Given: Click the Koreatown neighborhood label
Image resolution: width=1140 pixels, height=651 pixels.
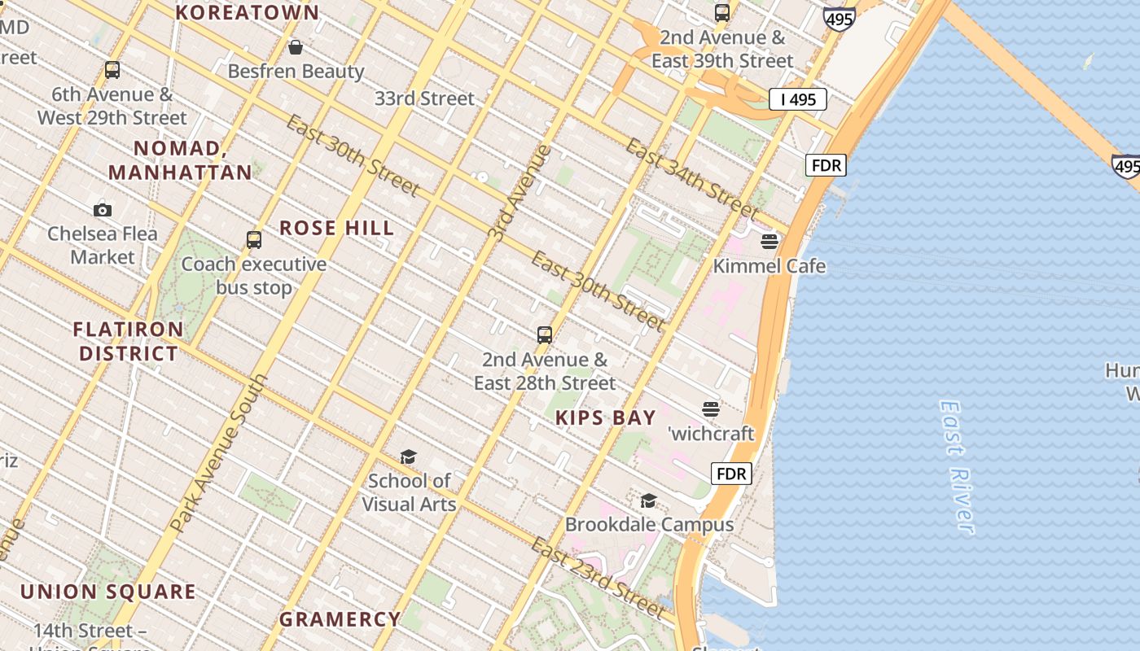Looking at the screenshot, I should click(x=248, y=13).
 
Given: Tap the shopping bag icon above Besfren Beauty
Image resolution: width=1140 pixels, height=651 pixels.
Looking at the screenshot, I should click(x=296, y=47).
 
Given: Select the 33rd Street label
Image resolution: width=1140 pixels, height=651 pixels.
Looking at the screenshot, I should click(x=424, y=98).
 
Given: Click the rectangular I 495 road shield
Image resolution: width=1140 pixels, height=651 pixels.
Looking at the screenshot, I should click(x=798, y=99).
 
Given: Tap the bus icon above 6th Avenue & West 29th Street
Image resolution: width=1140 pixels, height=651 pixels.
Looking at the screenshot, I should click(x=112, y=70).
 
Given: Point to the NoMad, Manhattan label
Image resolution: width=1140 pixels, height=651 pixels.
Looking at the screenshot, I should click(x=180, y=160).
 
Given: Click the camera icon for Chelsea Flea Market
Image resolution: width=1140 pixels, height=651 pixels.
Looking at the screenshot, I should click(x=103, y=210).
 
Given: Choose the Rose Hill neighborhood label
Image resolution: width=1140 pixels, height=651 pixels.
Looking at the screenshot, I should click(x=337, y=228).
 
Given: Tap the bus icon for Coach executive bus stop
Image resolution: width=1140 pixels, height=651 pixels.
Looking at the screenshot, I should click(x=254, y=240).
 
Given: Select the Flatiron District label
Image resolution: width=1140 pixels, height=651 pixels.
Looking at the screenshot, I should click(x=128, y=342).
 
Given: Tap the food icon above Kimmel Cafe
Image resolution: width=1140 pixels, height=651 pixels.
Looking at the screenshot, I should click(x=769, y=242).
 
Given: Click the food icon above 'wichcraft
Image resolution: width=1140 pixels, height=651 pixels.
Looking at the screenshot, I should click(x=711, y=409).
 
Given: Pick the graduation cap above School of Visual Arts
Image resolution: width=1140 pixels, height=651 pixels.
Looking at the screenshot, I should click(x=408, y=457).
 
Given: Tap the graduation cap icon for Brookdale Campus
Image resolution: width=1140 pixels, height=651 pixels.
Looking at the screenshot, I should click(x=649, y=500).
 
